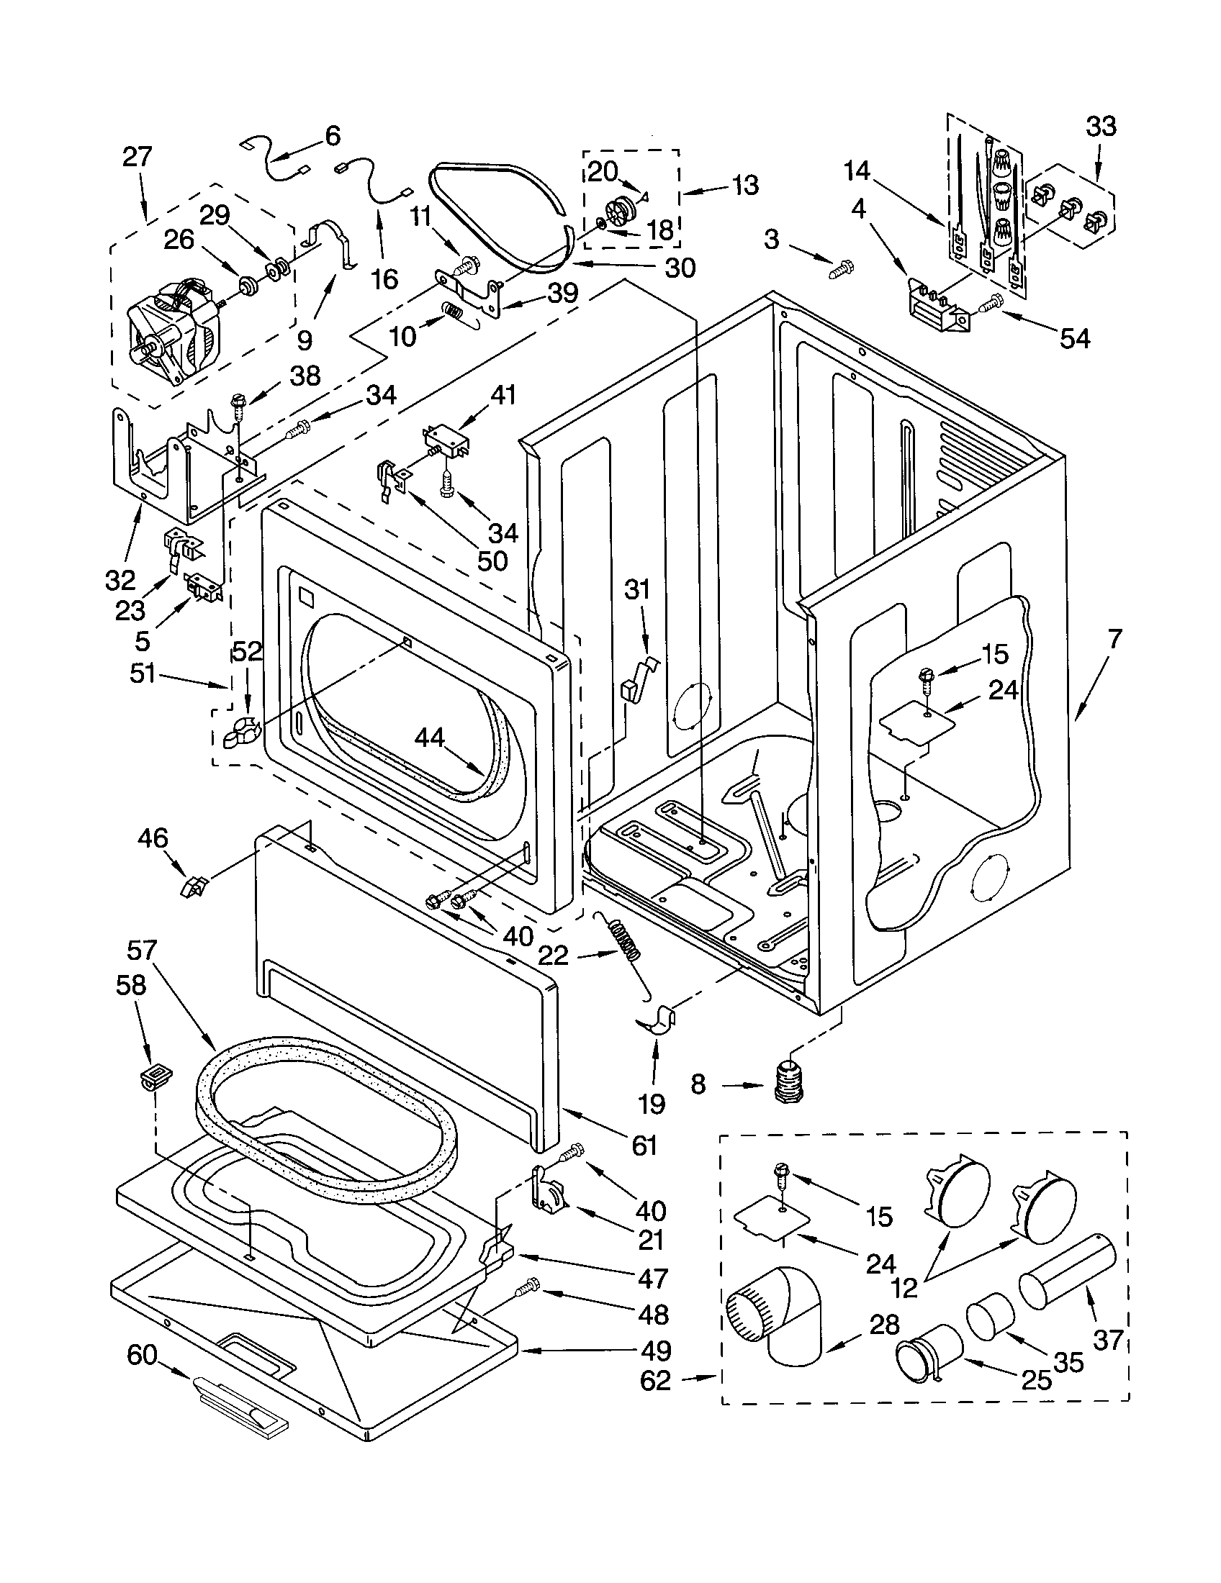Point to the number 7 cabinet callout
click(x=1114, y=639)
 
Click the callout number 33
click(x=1100, y=127)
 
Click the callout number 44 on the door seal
click(x=430, y=737)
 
